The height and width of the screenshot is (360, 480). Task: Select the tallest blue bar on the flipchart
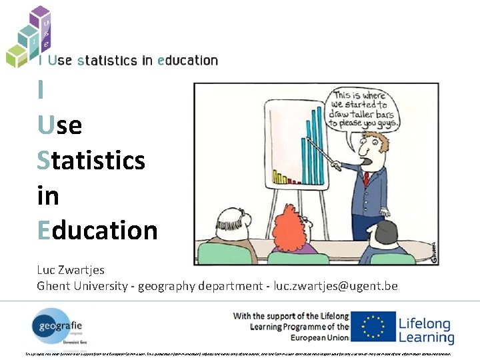[x=319, y=143]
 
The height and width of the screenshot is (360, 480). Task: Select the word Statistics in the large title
[x=91, y=160]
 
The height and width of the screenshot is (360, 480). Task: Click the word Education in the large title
[x=97, y=230]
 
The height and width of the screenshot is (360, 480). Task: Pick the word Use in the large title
[x=60, y=125]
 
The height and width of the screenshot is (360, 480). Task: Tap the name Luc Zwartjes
[x=71, y=270]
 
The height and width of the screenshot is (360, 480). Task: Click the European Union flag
[x=373, y=327]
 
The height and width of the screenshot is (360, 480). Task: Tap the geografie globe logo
[x=55, y=327]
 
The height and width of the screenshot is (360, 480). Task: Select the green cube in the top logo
[x=15, y=55]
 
